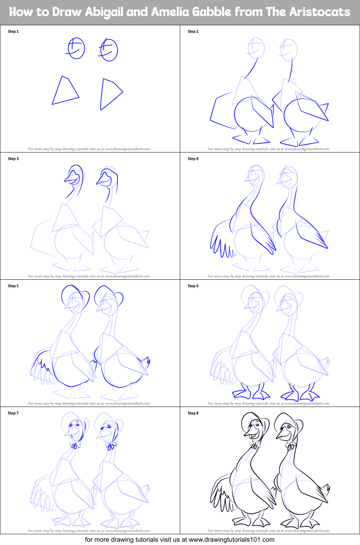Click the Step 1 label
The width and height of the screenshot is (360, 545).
click(x=13, y=31)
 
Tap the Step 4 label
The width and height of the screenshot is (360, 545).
click(x=193, y=159)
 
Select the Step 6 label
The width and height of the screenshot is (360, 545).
click(x=193, y=286)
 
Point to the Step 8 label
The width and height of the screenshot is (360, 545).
click(x=193, y=413)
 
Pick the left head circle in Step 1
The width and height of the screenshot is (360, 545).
click(x=76, y=49)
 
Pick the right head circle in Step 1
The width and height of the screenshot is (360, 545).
click(x=108, y=50)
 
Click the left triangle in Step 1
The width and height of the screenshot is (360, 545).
click(x=65, y=91)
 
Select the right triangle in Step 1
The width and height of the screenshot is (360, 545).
click(x=109, y=93)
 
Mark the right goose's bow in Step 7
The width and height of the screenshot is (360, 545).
click(x=111, y=446)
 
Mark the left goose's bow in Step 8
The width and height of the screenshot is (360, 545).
click(x=255, y=446)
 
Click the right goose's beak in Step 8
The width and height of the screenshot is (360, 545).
click(x=283, y=434)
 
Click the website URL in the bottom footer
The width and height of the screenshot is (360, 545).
click(x=231, y=540)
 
